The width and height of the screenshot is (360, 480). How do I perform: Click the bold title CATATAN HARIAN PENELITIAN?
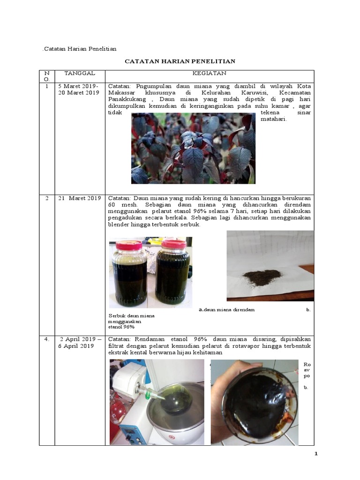[x=180, y=61]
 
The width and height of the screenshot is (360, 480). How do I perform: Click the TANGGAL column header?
[x=80, y=73]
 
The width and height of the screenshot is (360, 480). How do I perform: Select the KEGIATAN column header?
[x=209, y=73]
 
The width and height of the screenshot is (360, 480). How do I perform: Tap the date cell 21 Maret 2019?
[x=80, y=198]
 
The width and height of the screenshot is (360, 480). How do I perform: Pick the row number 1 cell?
[x=47, y=87]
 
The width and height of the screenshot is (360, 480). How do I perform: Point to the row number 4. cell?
[x=47, y=339]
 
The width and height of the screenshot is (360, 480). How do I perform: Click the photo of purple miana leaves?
[x=193, y=148]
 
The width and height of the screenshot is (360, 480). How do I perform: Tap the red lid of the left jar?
[x=129, y=245]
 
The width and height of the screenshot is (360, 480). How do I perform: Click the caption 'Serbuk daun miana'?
[x=131, y=316]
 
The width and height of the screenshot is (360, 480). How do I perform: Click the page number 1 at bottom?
[x=316, y=454]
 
